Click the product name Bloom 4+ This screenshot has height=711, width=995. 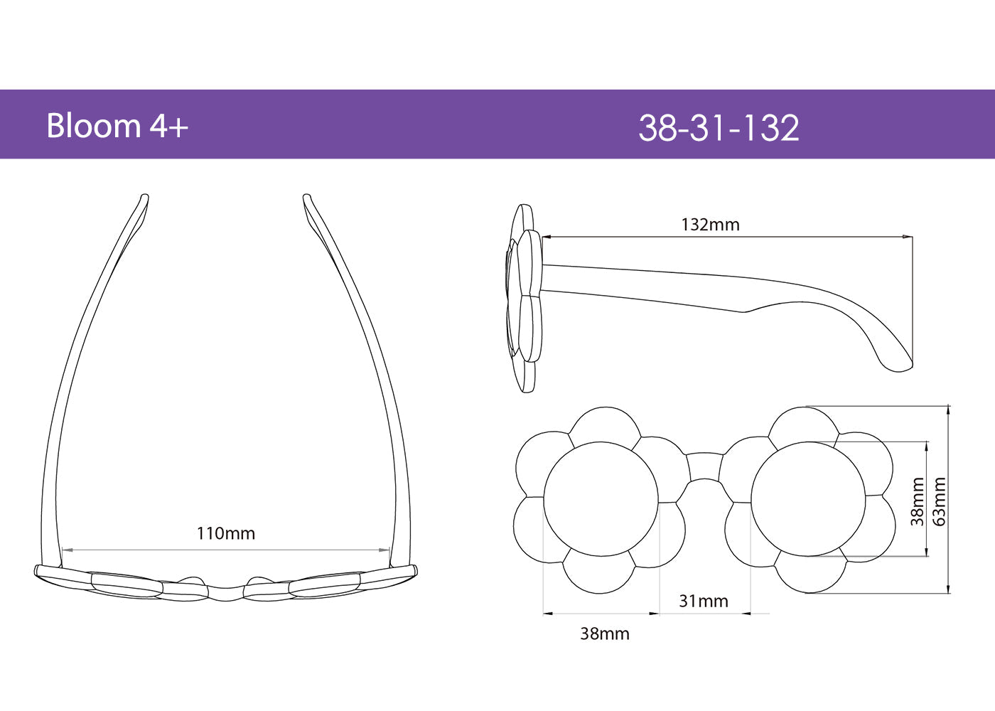click(x=117, y=126)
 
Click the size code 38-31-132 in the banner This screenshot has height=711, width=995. click(x=719, y=128)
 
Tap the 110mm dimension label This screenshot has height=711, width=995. click(x=225, y=533)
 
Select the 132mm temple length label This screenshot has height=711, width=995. click(x=710, y=225)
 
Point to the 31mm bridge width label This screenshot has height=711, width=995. click(x=703, y=602)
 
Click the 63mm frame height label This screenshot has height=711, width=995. click(x=940, y=501)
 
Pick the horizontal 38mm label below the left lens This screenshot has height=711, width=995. click(x=604, y=634)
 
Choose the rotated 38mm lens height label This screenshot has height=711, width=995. click(x=918, y=501)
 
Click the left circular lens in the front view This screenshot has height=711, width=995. click(x=601, y=498)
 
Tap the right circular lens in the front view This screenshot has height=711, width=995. click(x=809, y=498)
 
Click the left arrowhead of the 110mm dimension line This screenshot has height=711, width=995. click(x=65, y=550)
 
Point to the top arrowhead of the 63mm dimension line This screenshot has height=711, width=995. click(x=949, y=408)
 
